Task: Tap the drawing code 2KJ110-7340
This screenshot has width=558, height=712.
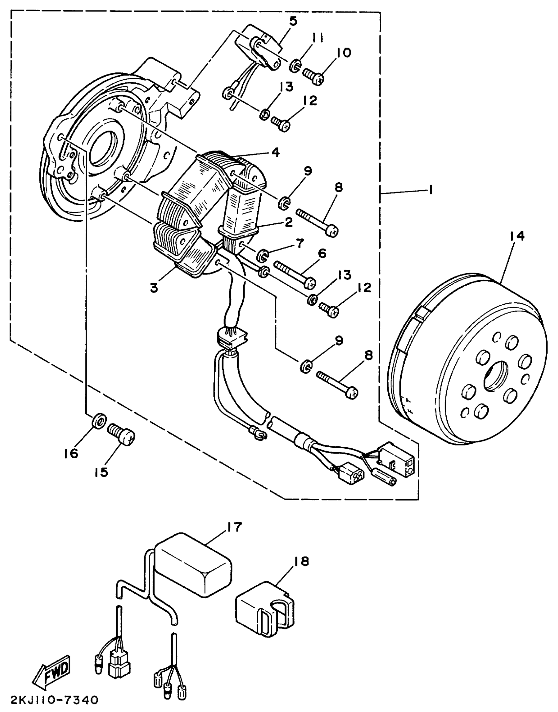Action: pyautogui.click(x=54, y=700)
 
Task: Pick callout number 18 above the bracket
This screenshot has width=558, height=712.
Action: pyautogui.click(x=301, y=561)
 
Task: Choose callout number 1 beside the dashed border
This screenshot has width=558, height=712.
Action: pyautogui.click(x=431, y=190)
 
